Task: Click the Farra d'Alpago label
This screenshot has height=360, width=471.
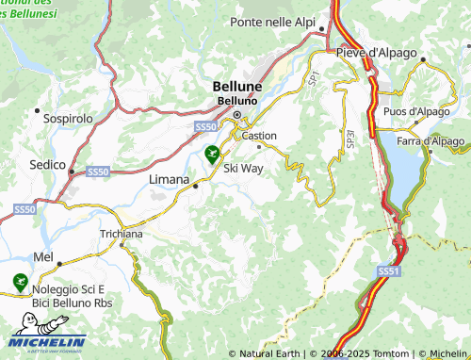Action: point(430,141)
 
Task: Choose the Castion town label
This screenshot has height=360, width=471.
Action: point(259,136)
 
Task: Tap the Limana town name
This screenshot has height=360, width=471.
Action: point(170,175)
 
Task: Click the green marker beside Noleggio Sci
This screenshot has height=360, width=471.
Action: point(18,281)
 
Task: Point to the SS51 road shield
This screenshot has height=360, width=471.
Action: point(388,270)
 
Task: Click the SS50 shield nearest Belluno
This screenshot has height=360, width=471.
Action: point(205,125)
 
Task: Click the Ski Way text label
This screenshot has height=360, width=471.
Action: point(244,167)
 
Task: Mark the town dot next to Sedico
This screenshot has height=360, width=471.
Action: point(72,172)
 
